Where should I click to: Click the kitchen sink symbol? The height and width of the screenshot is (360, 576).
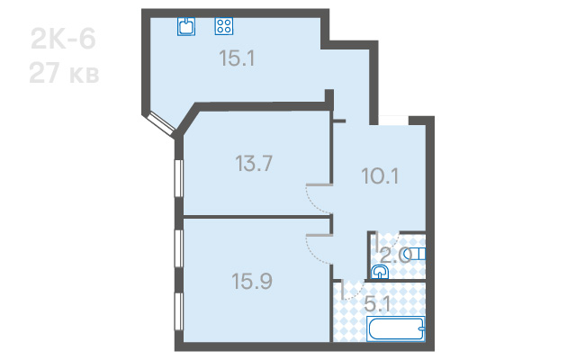pos(186,26)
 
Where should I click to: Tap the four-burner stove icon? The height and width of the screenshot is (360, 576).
pos(224,26)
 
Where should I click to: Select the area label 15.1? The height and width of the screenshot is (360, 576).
pos(237,58)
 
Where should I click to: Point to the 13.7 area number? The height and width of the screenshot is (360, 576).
pos(254,163)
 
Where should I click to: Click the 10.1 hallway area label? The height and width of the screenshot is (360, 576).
pos(380,175)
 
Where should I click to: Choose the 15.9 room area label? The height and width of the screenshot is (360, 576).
pos(252,281)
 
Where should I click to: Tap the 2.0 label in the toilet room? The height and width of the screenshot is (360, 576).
pos(395,256)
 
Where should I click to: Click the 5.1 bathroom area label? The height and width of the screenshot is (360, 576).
pos(377,304)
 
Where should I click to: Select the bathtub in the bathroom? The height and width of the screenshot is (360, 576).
pos(396,328)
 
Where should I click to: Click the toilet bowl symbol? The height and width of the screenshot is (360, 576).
pos(418,254)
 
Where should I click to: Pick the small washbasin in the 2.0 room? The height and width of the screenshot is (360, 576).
pos(379,272)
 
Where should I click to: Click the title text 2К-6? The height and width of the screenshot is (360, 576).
pos(63,39)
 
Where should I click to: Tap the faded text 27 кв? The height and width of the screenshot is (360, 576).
pos(64,73)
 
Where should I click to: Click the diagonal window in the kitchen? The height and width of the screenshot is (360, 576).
pos(161,125)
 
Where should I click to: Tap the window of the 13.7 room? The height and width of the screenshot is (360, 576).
pos(178,179)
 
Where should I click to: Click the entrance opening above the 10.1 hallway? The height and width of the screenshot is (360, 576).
pos(393,121)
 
